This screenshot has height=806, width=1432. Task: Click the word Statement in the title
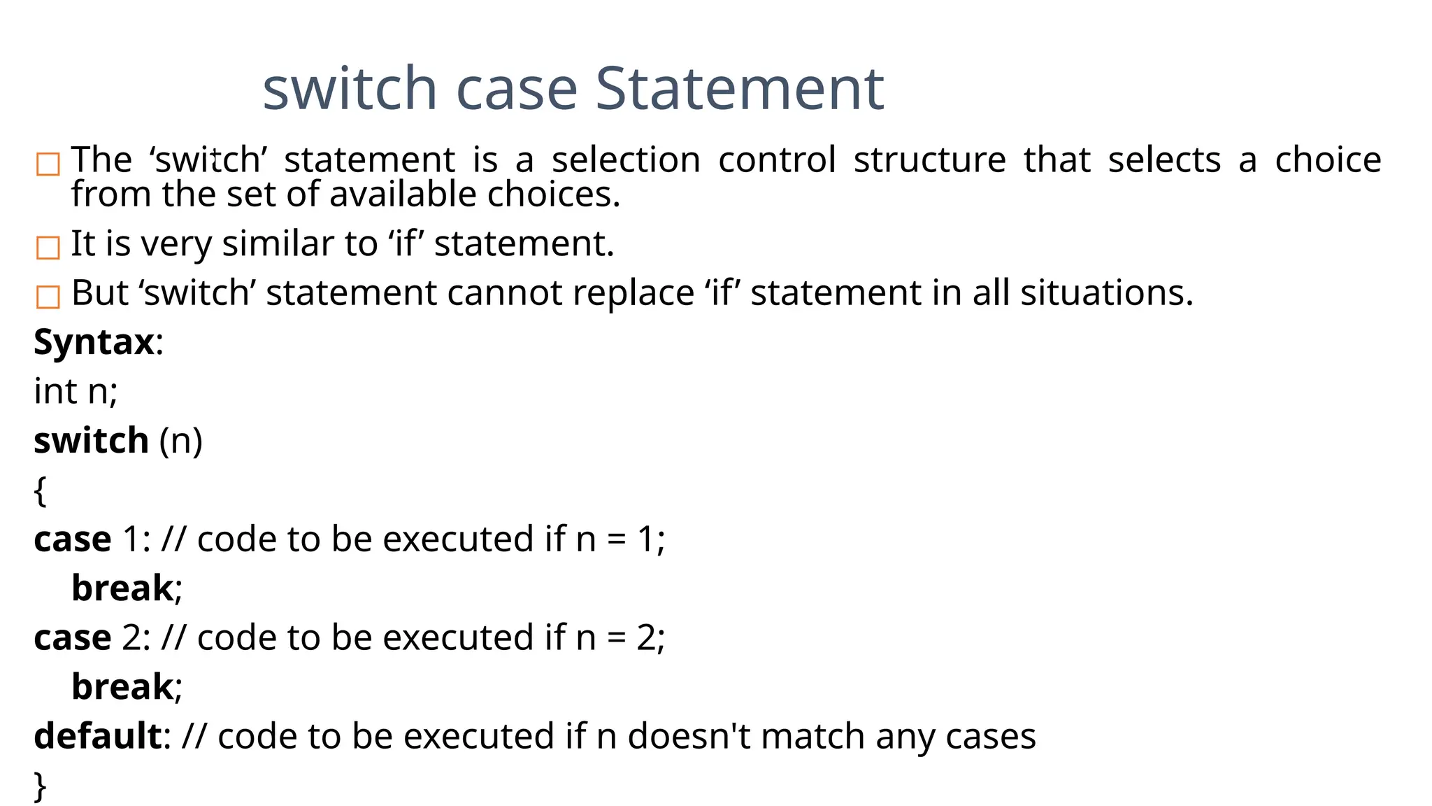[740, 89]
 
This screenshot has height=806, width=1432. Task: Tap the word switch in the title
[350, 89]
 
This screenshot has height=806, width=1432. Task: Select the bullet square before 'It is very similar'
[48, 248]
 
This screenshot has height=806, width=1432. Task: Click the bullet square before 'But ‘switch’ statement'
[48, 297]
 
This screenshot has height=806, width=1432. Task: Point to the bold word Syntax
[94, 342]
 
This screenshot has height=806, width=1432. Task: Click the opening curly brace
[40, 490]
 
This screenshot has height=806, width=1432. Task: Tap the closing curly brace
[40, 786]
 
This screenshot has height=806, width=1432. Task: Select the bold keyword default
[98, 736]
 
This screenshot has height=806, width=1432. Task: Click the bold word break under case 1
[122, 588]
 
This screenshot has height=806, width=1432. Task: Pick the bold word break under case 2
[122, 686]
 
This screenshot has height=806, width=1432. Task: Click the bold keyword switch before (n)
[91, 441]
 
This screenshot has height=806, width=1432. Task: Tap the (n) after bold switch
[180, 441]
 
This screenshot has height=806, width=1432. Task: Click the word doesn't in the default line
[689, 736]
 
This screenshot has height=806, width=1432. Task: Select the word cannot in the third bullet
[505, 292]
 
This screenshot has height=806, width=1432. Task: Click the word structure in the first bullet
[929, 160]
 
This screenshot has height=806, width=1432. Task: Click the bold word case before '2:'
[72, 638]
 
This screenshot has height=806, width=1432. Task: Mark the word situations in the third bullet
[1106, 292]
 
